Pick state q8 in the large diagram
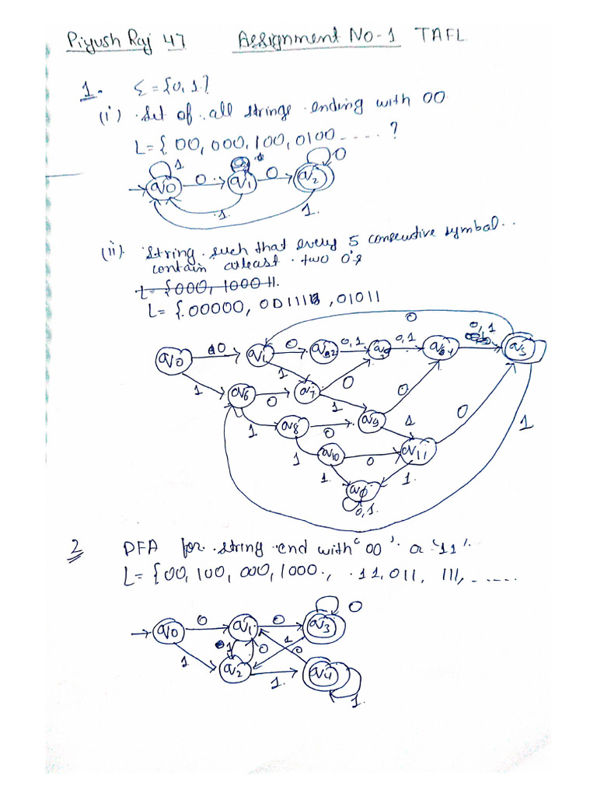[292, 426]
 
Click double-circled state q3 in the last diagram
[320, 624]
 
